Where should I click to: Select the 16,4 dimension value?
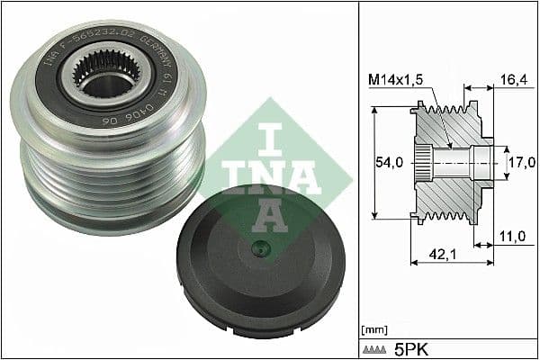click(512, 80)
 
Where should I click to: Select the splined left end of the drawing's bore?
click(420, 164)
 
